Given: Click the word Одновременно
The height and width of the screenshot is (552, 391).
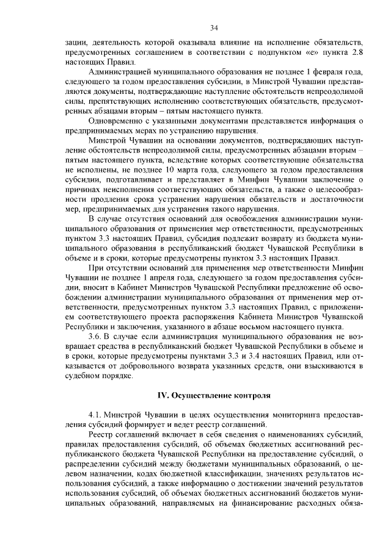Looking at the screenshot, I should (x=116, y=121).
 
